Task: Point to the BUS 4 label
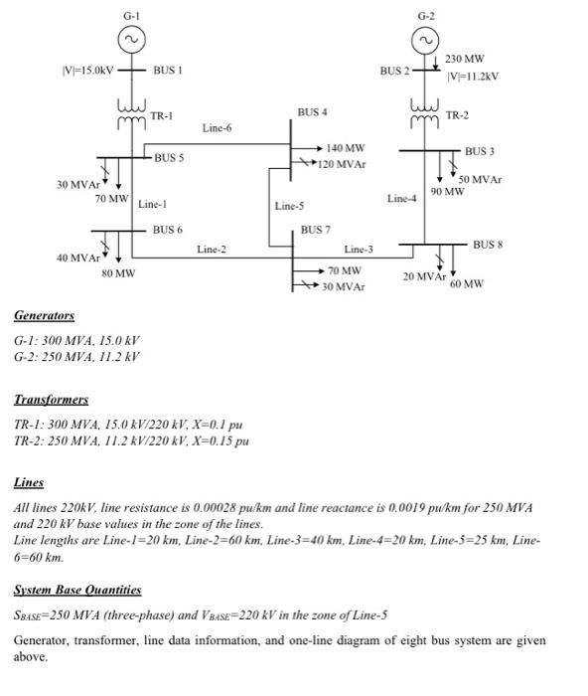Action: (x=312, y=111)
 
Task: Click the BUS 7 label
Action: (x=316, y=230)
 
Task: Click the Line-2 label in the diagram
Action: (x=212, y=249)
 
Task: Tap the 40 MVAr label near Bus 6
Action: (x=75, y=258)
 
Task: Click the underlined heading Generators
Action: (x=44, y=316)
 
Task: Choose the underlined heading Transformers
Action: (x=51, y=400)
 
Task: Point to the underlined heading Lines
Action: (x=29, y=482)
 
